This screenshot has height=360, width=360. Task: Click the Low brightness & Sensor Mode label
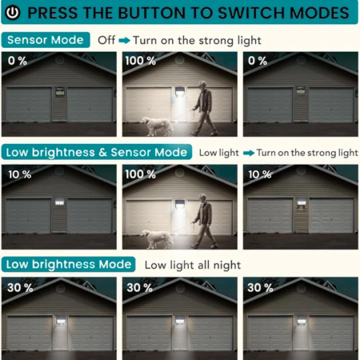tap(97, 152)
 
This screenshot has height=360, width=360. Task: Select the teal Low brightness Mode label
tap(68, 264)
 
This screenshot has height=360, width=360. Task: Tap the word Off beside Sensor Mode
tap(106, 39)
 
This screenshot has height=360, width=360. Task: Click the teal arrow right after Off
tap(124, 39)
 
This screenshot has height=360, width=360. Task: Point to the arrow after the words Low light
tap(248, 152)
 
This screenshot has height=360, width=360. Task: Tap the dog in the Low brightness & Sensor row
tap(158, 237)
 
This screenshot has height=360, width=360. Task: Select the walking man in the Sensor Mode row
tap(206, 108)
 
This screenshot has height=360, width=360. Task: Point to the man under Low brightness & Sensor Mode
tap(206, 221)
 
